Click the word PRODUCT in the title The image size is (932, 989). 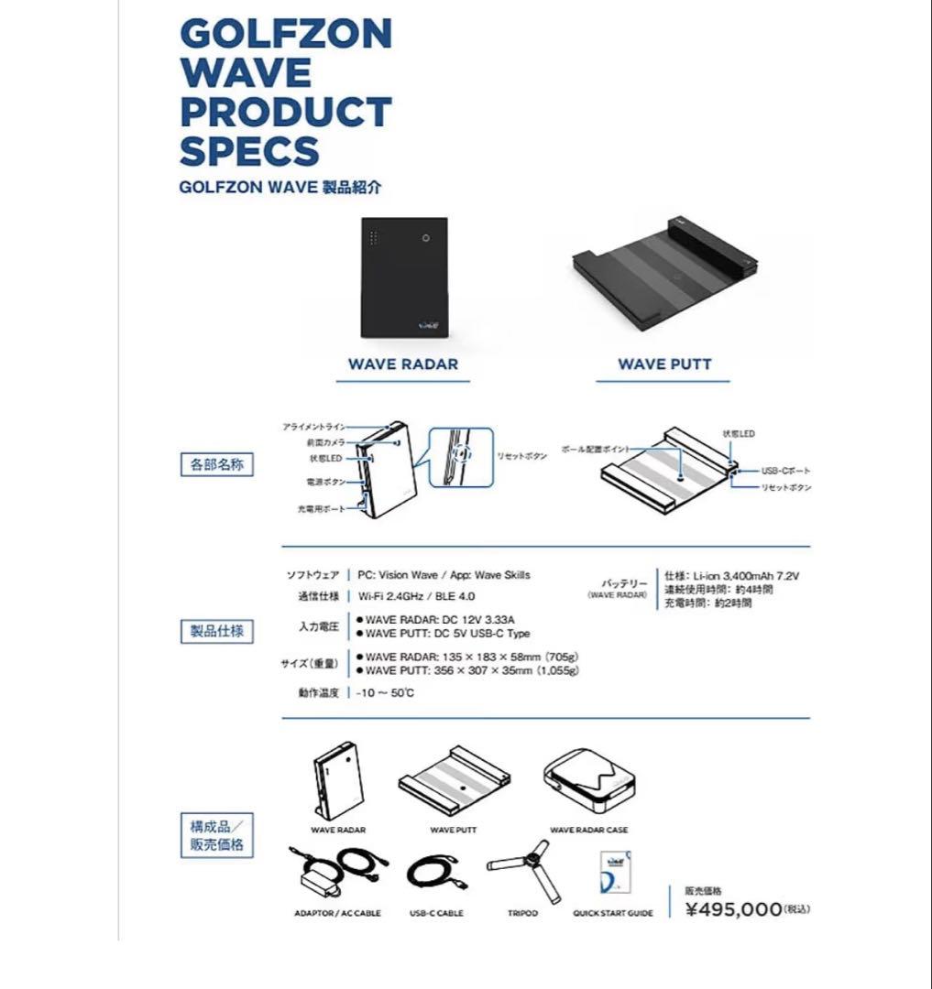[285, 112]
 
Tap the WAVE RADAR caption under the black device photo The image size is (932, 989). [402, 364]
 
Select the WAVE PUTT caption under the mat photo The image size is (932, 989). [664, 364]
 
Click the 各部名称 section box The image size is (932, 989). [216, 464]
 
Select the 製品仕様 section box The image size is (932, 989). [216, 631]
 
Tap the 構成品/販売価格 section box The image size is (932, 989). [216, 835]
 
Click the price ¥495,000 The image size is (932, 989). [734, 908]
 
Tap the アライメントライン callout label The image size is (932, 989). [314, 428]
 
